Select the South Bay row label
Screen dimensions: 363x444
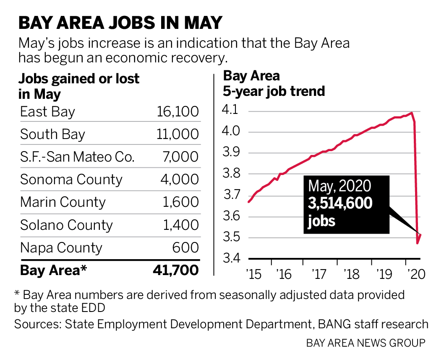(52, 134)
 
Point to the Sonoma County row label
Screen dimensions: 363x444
(71, 180)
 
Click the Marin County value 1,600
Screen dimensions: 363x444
(181, 202)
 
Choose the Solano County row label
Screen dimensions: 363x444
(66, 225)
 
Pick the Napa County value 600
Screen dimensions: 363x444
(185, 247)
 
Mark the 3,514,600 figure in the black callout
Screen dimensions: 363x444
(340, 203)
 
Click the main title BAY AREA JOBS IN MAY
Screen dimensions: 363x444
(120, 23)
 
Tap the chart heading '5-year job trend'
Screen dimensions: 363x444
(274, 91)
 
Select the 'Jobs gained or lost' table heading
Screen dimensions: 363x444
(79, 79)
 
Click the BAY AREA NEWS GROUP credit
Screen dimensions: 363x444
(366, 343)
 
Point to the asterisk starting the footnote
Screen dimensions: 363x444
(17, 293)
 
